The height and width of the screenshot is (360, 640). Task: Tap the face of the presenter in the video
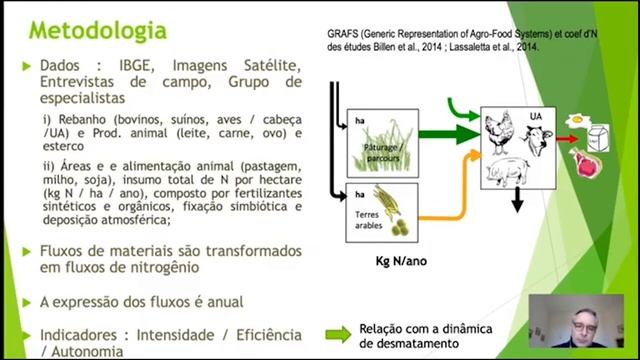[x=583, y=324]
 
